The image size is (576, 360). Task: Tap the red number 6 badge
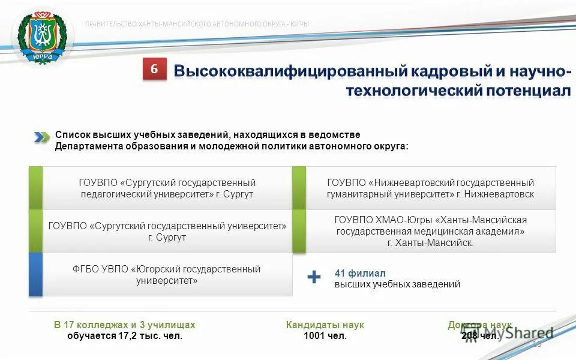pyautogui.click(x=154, y=70)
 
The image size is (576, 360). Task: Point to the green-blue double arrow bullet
pyautogui.click(x=41, y=137)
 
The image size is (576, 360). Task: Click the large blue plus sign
pyautogui.click(x=314, y=277)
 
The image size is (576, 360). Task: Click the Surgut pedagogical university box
pyautogui.click(x=167, y=188)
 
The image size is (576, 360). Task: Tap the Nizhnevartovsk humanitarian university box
pyautogui.click(x=430, y=188)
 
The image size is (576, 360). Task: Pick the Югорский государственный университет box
pyautogui.click(x=167, y=275)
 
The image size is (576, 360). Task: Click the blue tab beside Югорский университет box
pyautogui.click(x=35, y=275)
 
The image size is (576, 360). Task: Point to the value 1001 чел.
pyautogui.click(x=325, y=336)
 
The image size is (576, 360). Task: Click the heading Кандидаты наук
pyautogui.click(x=325, y=325)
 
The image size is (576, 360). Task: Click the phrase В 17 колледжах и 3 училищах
pyautogui.click(x=125, y=325)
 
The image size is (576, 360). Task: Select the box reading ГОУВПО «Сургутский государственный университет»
pyautogui.click(x=167, y=232)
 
